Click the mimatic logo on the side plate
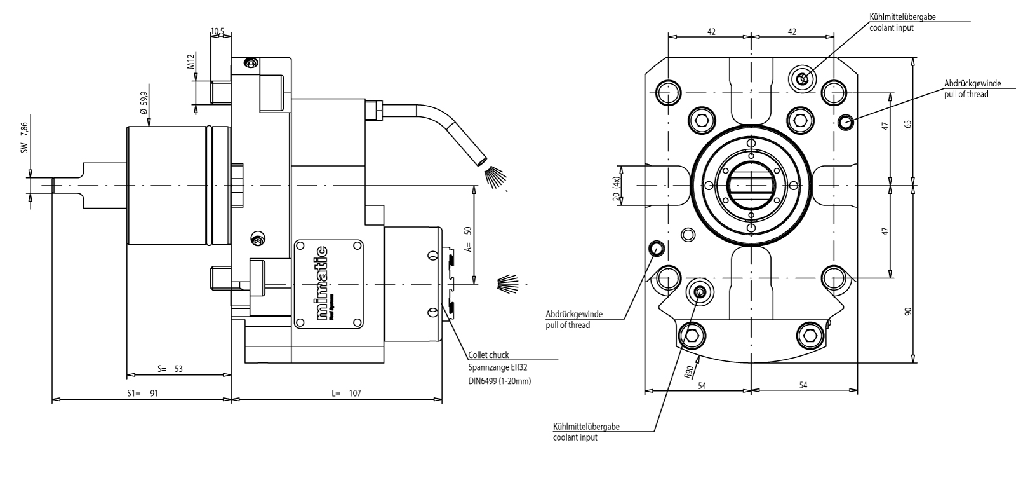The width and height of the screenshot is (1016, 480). (324, 283)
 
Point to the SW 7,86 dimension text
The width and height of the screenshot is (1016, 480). (24, 139)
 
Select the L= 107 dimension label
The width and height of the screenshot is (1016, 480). (346, 394)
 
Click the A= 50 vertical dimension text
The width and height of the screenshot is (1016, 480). (468, 237)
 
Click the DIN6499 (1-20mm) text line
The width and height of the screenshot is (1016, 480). (498, 381)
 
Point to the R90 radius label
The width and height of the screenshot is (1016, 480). (689, 371)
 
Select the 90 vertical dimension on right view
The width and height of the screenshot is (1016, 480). (908, 312)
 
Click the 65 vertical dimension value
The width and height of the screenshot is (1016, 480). (908, 123)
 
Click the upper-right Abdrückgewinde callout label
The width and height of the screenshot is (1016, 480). (972, 83)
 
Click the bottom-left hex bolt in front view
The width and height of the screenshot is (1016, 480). (693, 335)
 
